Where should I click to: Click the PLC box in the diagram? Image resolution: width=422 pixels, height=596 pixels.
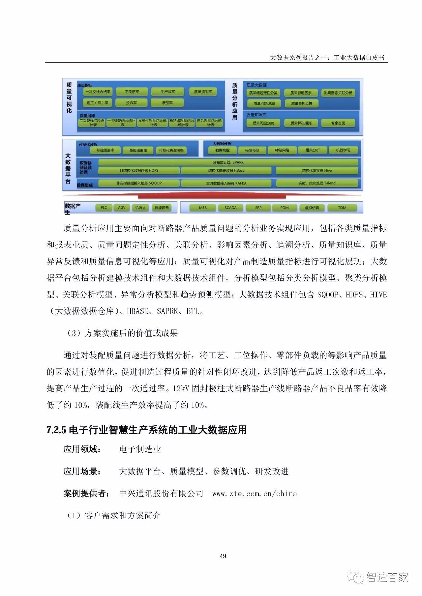point(104,208)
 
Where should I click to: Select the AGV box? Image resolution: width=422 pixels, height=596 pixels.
point(122,208)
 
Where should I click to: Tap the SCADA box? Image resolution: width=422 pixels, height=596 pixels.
point(230,208)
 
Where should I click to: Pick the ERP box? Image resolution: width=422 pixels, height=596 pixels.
point(258,208)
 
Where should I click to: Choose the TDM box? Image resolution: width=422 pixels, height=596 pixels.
point(342,208)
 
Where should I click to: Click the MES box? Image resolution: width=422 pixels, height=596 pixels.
point(203,208)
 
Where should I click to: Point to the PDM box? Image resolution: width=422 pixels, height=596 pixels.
point(284,208)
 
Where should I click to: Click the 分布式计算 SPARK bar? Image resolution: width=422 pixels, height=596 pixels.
point(228,162)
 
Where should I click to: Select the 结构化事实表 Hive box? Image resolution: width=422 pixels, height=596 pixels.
point(316,171)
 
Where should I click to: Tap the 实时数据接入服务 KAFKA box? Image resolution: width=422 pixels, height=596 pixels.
point(226,183)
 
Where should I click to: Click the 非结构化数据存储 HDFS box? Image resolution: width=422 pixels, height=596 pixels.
point(139,171)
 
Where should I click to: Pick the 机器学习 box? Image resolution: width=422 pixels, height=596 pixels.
point(343,150)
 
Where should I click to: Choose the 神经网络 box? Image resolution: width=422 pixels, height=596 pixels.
point(282,150)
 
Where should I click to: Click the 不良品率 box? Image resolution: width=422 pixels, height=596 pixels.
point(132,92)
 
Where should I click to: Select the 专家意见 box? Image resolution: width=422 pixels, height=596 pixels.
point(338,123)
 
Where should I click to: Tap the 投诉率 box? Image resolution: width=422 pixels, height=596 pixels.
point(131,103)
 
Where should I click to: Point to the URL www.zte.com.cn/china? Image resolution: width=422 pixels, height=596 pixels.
point(255,494)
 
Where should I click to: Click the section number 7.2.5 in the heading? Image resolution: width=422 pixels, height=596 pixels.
point(56,430)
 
